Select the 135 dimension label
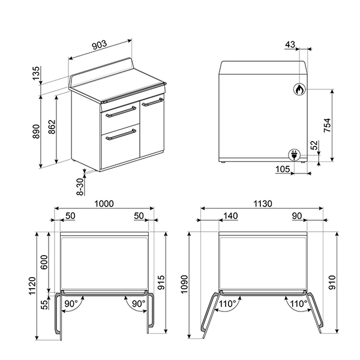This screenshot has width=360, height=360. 37,73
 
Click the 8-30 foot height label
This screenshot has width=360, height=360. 79,187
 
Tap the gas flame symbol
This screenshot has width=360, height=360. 298,90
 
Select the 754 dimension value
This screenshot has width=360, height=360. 327,125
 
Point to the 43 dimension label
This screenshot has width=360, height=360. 290,45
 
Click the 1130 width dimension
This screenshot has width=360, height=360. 262,204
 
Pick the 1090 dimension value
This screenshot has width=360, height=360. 187,283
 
